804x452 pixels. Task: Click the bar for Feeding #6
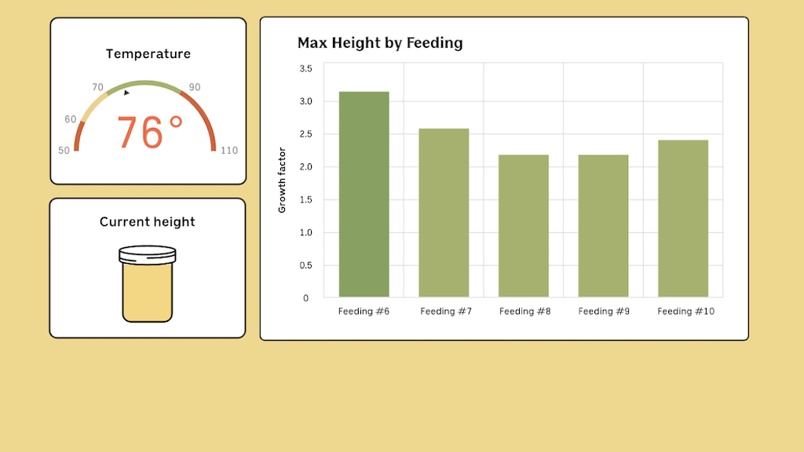pyautogui.click(x=364, y=195)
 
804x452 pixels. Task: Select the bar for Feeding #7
pyautogui.click(x=444, y=213)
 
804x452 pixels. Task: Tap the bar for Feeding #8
pyautogui.click(x=524, y=226)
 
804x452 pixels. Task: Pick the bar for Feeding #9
pyautogui.click(x=603, y=226)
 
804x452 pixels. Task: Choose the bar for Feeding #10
pyautogui.click(x=683, y=219)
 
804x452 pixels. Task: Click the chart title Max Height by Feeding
pyautogui.click(x=380, y=43)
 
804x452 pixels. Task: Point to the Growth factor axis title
pyautogui.click(x=282, y=180)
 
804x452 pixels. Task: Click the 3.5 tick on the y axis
pyautogui.click(x=305, y=69)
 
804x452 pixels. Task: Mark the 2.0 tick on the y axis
pyautogui.click(x=305, y=167)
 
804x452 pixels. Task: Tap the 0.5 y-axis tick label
pyautogui.click(x=305, y=265)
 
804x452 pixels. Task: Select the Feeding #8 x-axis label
pyautogui.click(x=524, y=312)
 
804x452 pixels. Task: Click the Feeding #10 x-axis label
pyautogui.click(x=685, y=312)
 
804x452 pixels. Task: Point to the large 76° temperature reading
pyautogui.click(x=150, y=133)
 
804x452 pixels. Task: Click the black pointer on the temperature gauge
pyautogui.click(x=126, y=93)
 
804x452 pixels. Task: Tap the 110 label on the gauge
pyautogui.click(x=228, y=151)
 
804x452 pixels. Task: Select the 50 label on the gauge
pyautogui.click(x=64, y=151)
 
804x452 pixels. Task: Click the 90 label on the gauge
pyautogui.click(x=194, y=87)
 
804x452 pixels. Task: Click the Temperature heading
pyautogui.click(x=148, y=54)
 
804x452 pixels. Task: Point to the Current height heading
pyautogui.click(x=148, y=222)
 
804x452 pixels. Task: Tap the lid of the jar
pyautogui.click(x=148, y=254)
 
